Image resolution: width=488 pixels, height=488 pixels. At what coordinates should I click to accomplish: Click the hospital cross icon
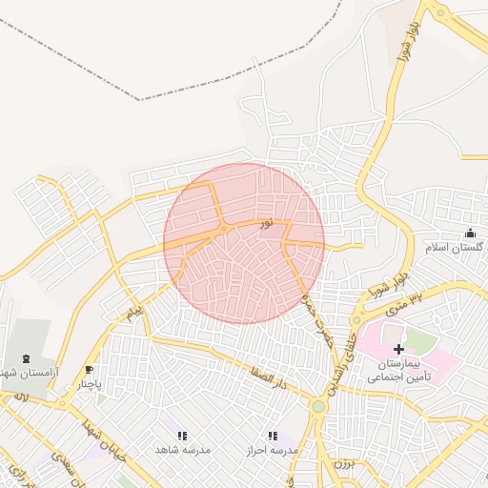(398, 350)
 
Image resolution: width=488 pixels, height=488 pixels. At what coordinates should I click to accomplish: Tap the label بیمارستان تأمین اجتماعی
(399, 371)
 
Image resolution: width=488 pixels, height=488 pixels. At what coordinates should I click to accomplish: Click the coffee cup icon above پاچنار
(89, 370)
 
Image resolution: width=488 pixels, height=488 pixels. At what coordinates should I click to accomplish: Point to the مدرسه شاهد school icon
(182, 436)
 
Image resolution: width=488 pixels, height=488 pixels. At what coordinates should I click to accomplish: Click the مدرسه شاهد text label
(183, 449)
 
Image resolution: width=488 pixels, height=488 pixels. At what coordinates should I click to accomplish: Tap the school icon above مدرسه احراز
(273, 436)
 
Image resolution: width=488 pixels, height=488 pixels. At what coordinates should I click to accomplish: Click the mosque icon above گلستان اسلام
(469, 234)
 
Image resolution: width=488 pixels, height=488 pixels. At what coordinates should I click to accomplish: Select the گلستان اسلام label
(454, 248)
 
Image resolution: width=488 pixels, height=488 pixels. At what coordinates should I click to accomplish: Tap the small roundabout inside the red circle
(223, 229)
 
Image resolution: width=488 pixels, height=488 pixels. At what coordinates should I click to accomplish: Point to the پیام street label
(134, 312)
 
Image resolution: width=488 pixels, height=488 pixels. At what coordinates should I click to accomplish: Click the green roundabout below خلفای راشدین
(318, 406)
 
